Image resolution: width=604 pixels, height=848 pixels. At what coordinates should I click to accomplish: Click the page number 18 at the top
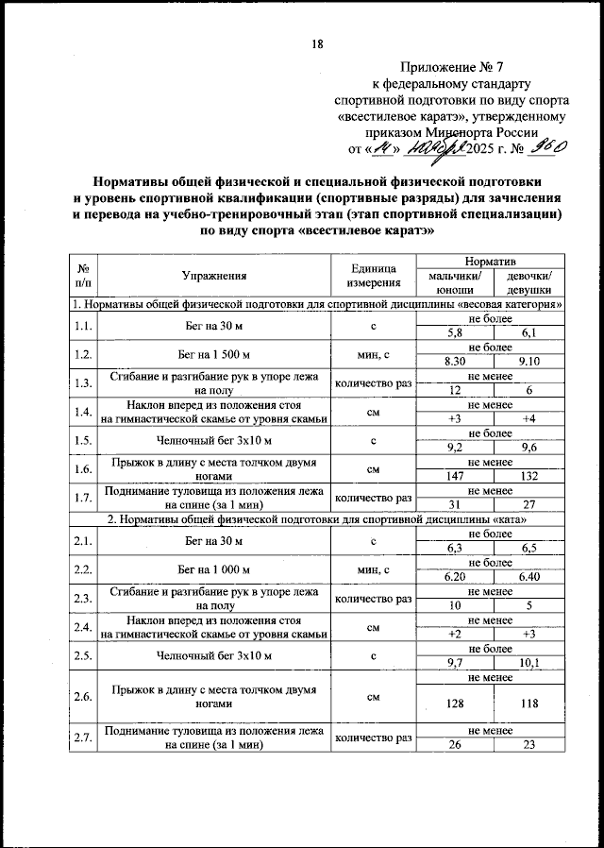[317, 43]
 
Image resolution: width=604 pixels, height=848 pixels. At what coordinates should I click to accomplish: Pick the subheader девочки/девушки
[528, 283]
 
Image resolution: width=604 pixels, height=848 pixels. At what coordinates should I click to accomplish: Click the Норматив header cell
[491, 260]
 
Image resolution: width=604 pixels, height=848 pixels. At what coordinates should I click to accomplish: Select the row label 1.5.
[85, 440]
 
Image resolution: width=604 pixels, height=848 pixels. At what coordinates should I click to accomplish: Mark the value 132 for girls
[528, 478]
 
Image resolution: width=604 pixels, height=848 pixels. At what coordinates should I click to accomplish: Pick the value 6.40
[528, 576]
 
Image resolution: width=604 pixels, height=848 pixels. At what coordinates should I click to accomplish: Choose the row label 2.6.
[85, 697]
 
